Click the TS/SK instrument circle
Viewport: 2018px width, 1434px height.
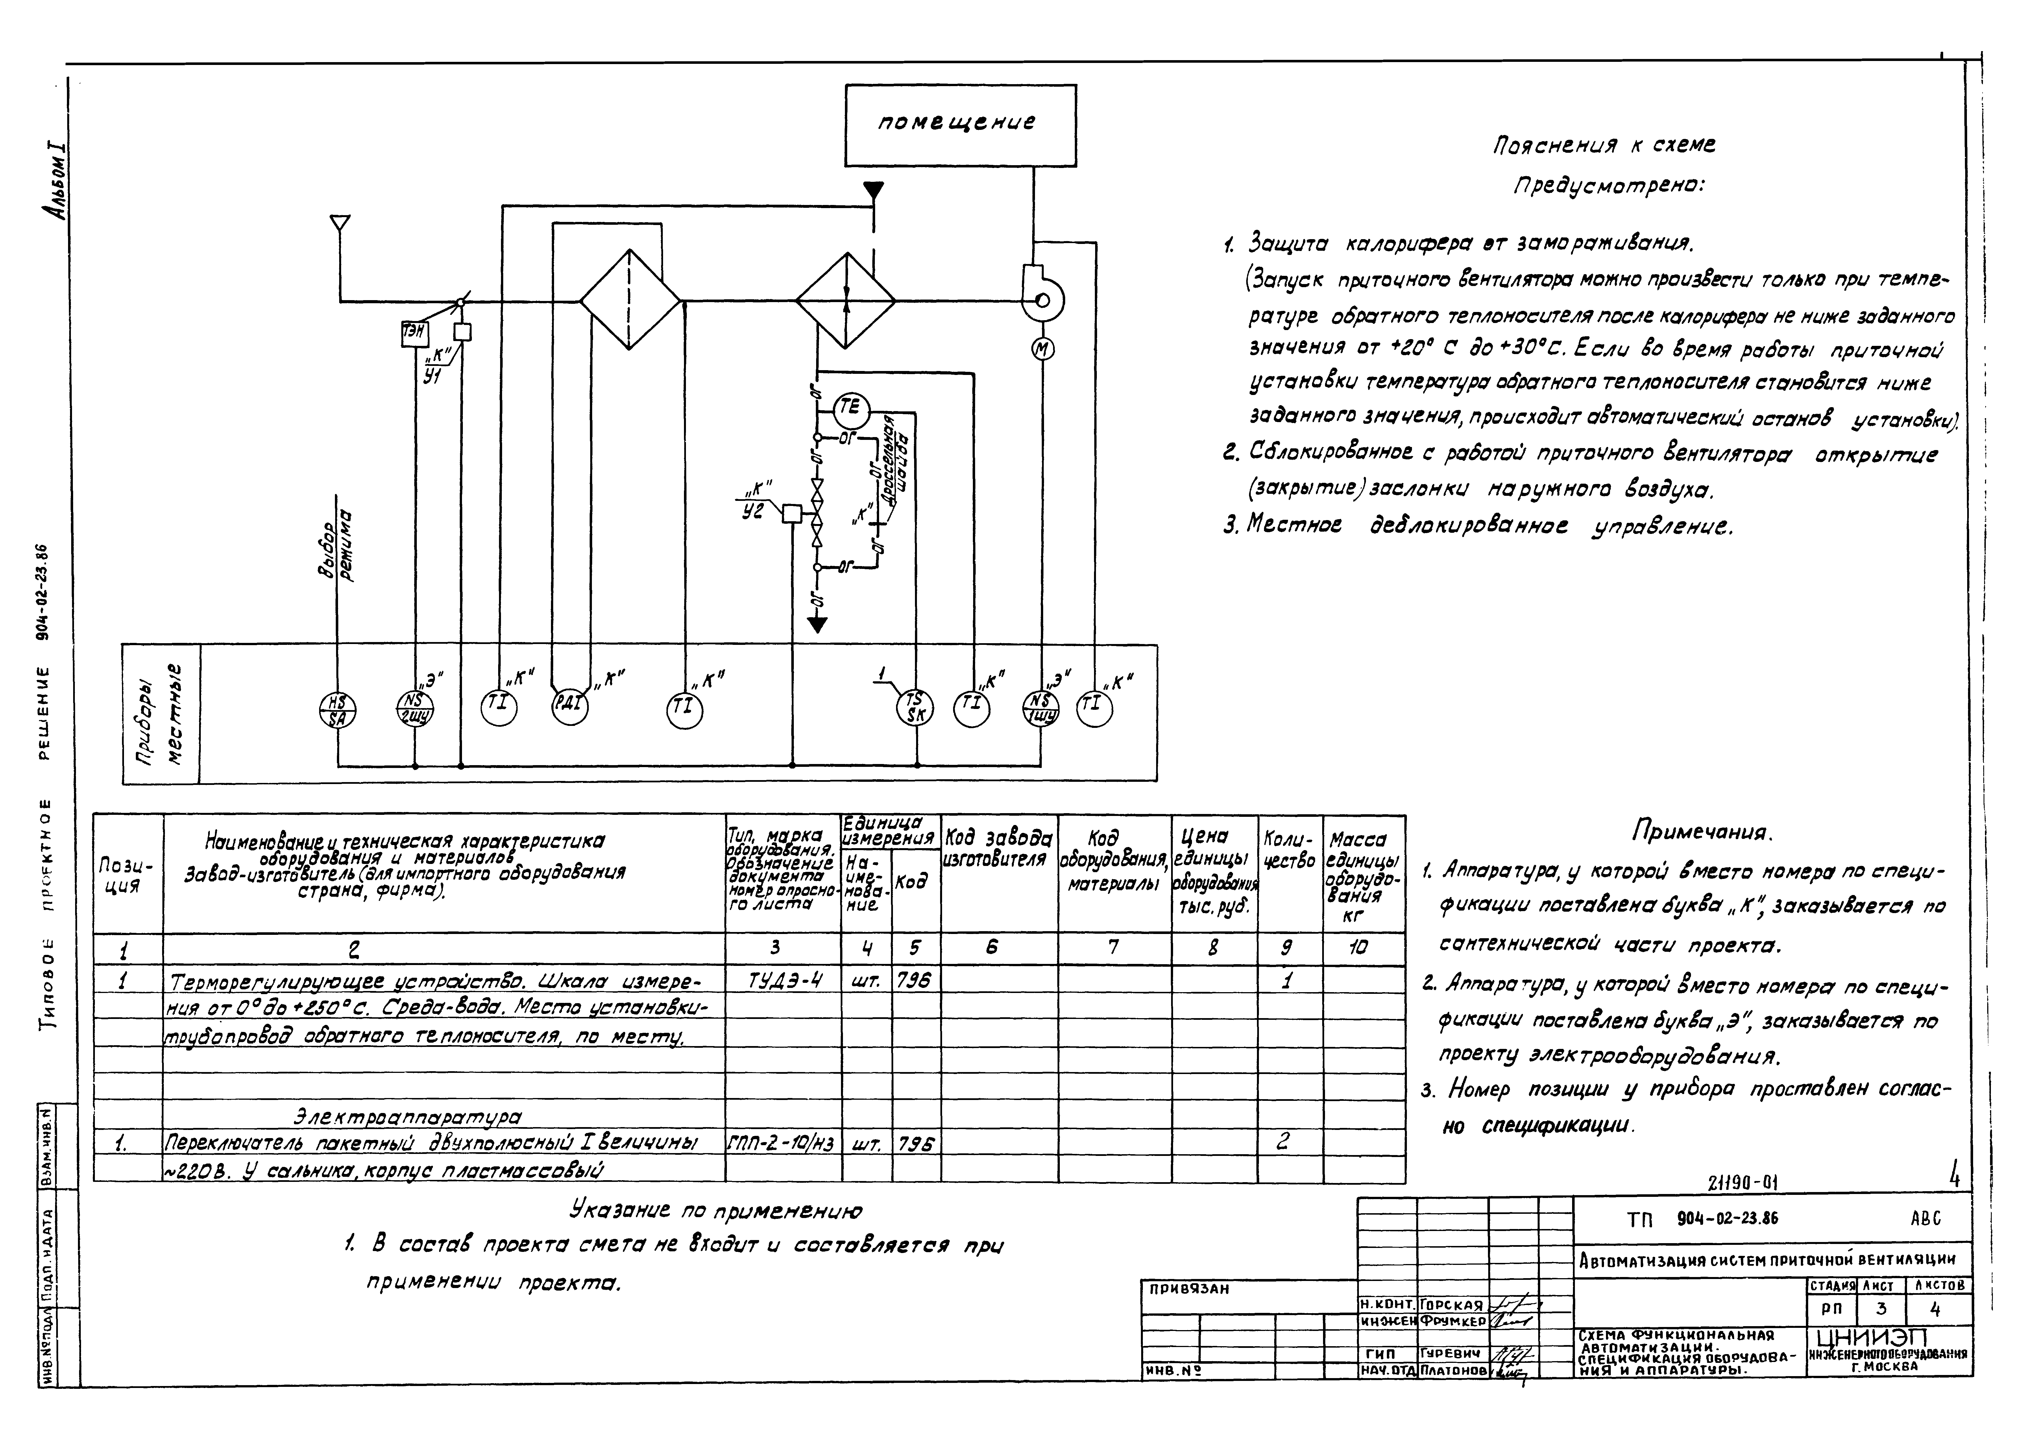tap(916, 708)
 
